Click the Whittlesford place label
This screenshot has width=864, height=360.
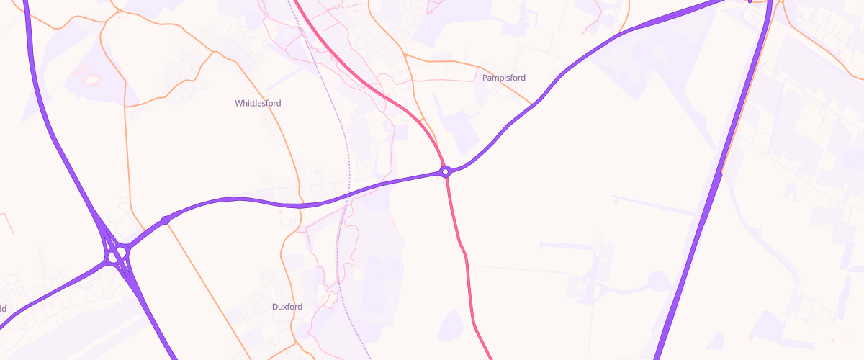258,104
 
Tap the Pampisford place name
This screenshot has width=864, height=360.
504,78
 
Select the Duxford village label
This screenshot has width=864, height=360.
287,307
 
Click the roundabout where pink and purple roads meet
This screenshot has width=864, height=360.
446,171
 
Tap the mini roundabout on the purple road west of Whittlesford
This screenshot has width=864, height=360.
166,220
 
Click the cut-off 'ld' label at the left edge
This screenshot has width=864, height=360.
3,309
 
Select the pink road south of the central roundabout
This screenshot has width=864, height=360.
462,245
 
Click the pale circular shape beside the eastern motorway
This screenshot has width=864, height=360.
658,281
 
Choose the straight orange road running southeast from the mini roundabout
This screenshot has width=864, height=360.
209,288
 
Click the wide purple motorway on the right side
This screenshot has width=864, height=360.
709,202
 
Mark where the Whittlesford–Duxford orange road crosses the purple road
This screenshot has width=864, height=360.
299,206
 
